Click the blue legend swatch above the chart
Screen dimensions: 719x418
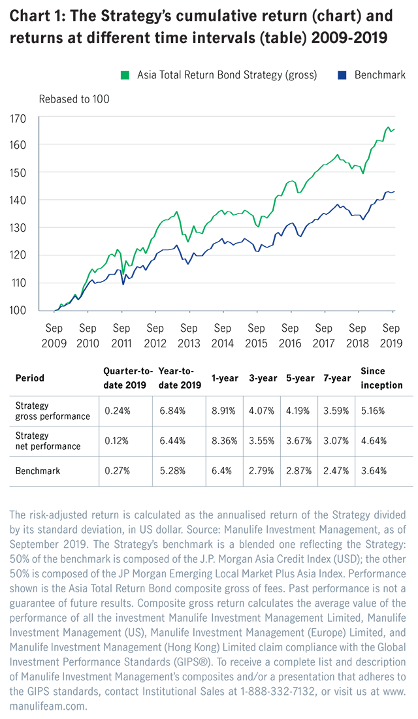[x=338, y=77]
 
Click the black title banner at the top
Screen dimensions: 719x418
[x=209, y=33]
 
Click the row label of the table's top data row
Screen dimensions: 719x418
[x=50, y=409]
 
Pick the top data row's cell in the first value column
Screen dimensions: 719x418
[x=120, y=411]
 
